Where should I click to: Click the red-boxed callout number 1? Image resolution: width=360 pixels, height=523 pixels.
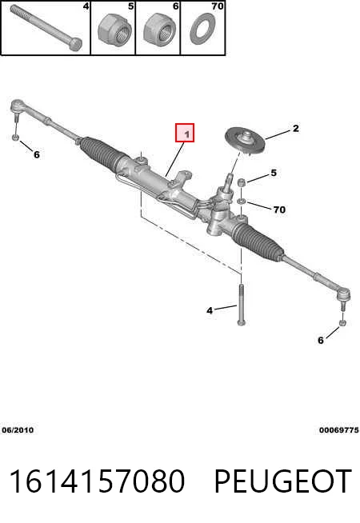[185, 133]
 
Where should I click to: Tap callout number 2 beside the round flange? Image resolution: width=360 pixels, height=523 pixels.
[296, 129]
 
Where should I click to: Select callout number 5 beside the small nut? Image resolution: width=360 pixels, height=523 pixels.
[274, 173]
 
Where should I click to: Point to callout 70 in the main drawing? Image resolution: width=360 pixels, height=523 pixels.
[279, 210]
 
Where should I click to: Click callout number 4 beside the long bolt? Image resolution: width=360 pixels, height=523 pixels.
[210, 311]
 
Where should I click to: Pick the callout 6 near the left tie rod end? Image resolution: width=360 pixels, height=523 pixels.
[36, 155]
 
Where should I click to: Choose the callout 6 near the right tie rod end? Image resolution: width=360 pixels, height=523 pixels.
[321, 340]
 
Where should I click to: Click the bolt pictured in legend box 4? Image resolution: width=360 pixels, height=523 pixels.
[46, 28]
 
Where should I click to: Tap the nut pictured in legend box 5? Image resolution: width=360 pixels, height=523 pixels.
[113, 30]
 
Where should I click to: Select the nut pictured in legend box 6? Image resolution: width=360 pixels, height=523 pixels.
[159, 29]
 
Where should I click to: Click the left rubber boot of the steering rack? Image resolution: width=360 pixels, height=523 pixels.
[100, 153]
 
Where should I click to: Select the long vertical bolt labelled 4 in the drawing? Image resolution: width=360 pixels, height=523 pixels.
[241, 305]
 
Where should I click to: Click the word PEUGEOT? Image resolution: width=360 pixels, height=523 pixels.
[283, 481]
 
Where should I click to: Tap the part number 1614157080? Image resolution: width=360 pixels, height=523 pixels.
[97, 481]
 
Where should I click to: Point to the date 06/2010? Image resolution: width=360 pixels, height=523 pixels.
[18, 430]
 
